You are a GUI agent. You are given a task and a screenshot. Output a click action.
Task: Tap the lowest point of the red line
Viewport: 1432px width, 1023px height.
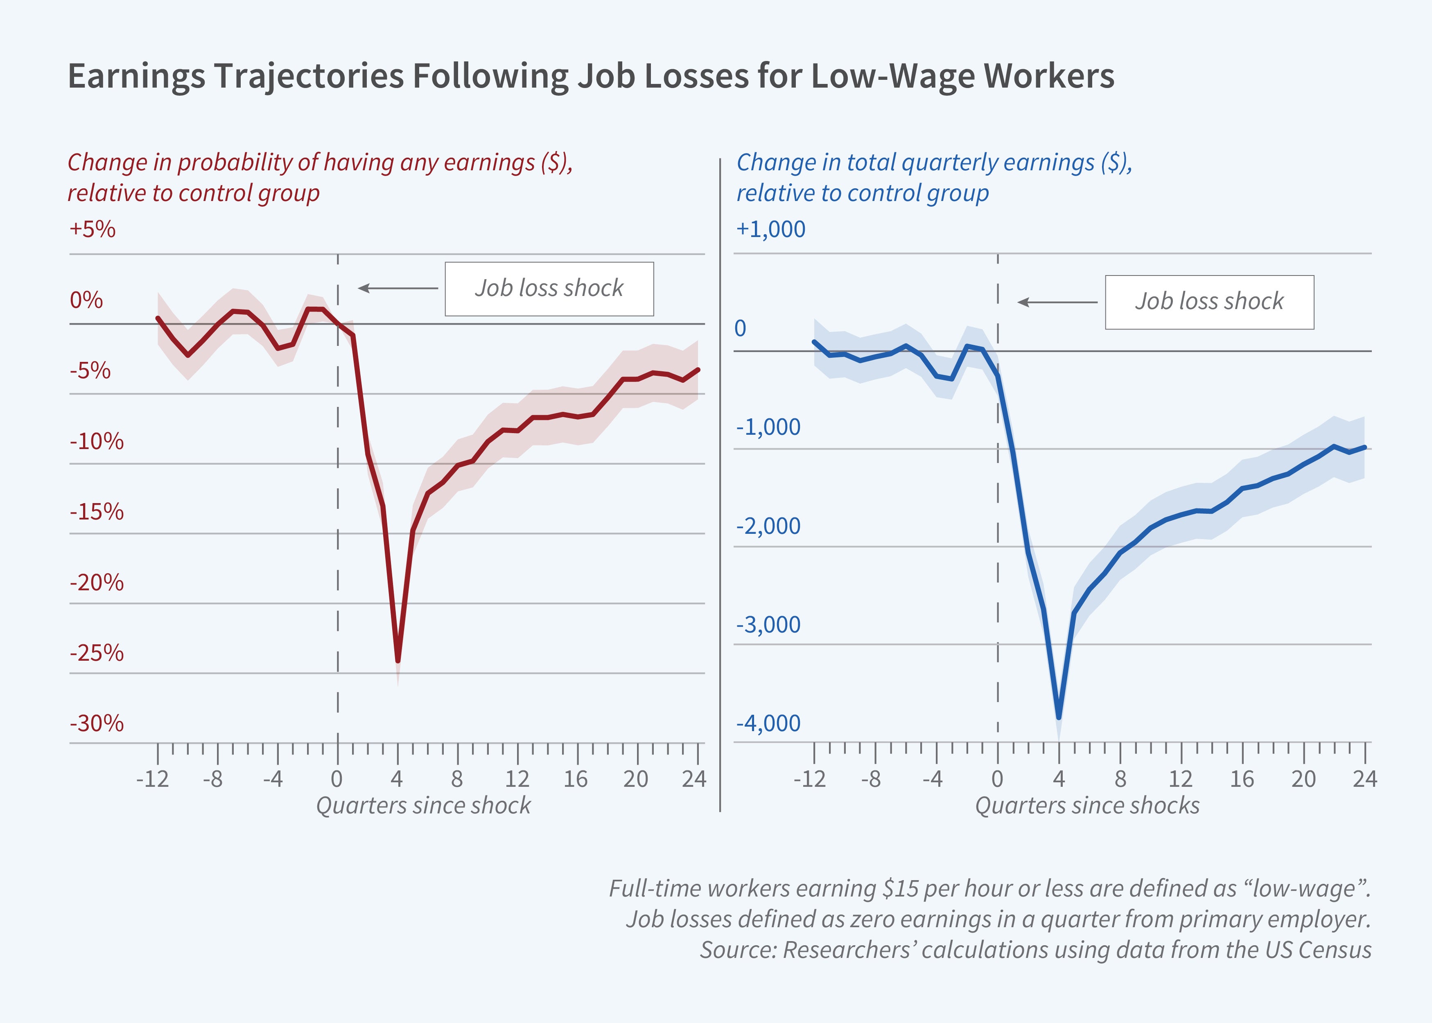tap(398, 661)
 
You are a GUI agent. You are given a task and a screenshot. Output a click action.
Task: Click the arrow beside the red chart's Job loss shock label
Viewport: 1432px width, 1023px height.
tap(398, 289)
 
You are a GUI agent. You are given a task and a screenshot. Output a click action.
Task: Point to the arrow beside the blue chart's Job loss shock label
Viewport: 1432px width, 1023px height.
tap(1057, 303)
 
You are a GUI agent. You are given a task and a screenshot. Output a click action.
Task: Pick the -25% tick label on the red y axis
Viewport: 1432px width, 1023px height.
tap(96, 653)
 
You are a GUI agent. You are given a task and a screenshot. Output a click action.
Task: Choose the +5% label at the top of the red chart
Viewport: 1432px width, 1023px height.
tap(92, 229)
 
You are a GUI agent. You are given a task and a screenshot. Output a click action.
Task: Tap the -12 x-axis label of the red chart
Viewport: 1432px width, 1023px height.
tap(152, 779)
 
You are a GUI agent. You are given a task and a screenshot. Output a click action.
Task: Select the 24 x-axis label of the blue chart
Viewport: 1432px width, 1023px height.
tap(1364, 779)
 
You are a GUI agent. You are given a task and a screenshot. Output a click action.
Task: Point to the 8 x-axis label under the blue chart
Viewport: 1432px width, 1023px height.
tap(1120, 779)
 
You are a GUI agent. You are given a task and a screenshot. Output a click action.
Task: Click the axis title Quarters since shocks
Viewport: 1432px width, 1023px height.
tap(1087, 806)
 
